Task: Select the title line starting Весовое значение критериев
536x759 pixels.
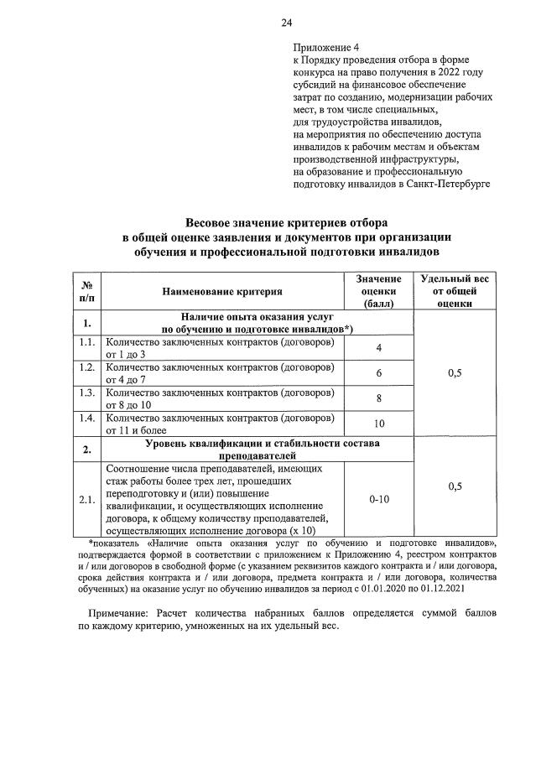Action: point(286,223)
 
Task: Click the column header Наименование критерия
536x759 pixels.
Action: point(223,291)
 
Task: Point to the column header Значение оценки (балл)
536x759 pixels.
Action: point(378,291)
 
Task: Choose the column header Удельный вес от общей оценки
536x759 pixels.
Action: point(455,291)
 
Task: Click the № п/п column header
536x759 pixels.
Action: point(86,291)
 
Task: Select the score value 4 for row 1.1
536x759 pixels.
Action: point(378,348)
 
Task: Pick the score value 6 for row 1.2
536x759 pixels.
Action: point(378,372)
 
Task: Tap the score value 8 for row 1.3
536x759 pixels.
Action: point(378,398)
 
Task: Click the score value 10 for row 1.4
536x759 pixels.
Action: point(378,423)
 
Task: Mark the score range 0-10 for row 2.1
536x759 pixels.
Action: point(378,499)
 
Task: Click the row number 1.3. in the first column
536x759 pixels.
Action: point(86,392)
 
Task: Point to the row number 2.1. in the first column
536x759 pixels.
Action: point(86,500)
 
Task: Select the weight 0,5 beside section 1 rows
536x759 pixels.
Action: point(455,373)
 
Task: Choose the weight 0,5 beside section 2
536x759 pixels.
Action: point(455,486)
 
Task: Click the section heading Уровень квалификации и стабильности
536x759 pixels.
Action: point(263,442)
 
